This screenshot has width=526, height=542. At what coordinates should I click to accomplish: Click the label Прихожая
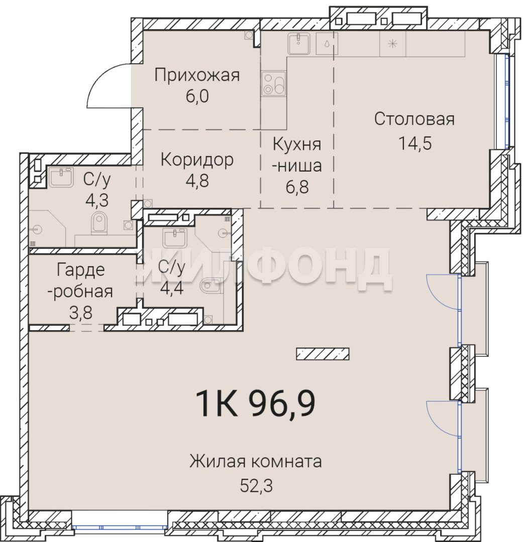pos(197,75)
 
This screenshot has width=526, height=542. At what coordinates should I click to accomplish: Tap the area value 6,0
pos(197,96)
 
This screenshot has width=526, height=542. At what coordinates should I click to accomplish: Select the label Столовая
pos(414,119)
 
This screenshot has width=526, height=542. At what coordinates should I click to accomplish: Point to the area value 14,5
pos(415,143)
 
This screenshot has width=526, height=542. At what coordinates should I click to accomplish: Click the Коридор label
pos(197,161)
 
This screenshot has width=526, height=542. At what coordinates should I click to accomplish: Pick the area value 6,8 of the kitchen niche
pos(297,187)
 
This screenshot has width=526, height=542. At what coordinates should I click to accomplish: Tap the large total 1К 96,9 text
pos(255,403)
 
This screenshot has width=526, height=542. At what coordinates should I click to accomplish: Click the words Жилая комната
pos(255,462)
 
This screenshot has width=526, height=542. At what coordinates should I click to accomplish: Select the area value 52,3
pos(256,486)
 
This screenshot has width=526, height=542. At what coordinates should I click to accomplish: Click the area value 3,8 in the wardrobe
pos(80,313)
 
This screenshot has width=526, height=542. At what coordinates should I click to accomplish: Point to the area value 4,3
pos(97,200)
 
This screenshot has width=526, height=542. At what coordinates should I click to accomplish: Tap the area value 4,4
pos(172,288)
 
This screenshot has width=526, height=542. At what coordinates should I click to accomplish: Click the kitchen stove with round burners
pos(274,84)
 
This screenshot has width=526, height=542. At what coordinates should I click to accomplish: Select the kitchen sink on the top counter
pos(299,44)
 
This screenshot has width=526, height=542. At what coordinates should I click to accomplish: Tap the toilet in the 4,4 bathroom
pos(212,286)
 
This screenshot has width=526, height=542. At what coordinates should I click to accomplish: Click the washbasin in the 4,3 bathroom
pos(61,177)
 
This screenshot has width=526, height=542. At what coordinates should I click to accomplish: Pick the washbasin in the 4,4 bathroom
pos(175,238)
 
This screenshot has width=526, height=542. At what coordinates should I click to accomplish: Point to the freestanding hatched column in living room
pos(323,354)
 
